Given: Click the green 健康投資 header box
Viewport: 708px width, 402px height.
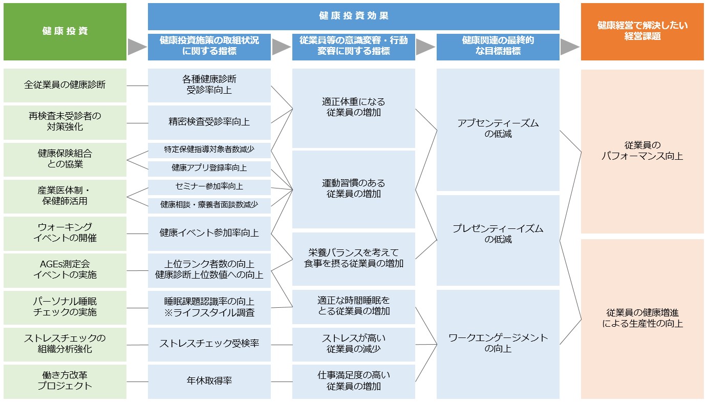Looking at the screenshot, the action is pos(65,32).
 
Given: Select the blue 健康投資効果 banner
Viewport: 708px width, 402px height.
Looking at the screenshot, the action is pos(353,16).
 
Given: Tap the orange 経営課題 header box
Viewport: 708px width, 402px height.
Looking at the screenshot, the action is pos(642,32).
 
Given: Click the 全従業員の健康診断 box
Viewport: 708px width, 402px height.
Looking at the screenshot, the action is pos(65,86).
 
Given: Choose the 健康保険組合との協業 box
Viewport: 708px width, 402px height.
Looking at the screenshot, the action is pos(65,159).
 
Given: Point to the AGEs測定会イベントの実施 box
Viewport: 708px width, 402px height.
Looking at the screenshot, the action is pos(65,270).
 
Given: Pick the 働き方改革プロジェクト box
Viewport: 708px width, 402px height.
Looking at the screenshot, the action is pos(65,382).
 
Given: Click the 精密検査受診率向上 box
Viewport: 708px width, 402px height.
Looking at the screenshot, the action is pos(209,122).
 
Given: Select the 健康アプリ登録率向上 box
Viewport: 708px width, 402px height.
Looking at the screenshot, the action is pos(209,168).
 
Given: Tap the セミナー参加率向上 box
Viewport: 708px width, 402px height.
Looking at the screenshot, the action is pos(209,187).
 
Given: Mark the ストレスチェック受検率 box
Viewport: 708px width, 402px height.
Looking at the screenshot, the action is pos(209,345).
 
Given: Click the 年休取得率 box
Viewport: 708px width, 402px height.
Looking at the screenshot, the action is pos(209,382).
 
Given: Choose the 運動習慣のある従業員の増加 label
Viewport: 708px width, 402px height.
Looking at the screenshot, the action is pos(353,188).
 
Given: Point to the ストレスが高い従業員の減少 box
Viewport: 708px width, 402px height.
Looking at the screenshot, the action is pos(353,345).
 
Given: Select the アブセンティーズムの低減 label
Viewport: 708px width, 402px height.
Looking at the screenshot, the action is pos(498,129).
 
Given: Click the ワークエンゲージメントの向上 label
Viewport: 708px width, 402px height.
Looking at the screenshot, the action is pos(498,343).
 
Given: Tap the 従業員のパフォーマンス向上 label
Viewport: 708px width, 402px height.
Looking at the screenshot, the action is pos(642,151).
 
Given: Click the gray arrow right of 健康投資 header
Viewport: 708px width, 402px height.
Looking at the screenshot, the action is pos(137,47).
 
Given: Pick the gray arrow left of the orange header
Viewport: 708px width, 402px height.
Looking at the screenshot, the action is pos(570,47).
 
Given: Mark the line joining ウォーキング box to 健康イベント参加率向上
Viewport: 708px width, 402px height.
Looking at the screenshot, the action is pos(137,234).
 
